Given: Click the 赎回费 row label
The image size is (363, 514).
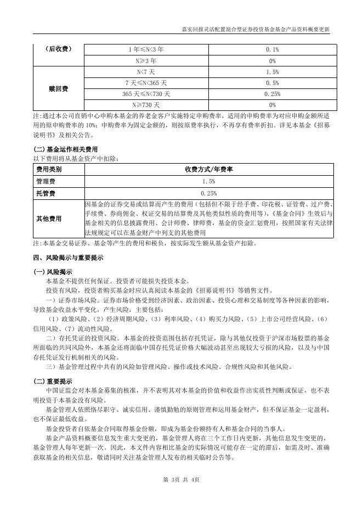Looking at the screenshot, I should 57,88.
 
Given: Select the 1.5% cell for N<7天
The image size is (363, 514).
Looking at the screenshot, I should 273,72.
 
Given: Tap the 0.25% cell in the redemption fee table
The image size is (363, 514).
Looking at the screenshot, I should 273,94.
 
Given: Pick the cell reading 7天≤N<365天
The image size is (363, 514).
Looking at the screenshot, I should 146,83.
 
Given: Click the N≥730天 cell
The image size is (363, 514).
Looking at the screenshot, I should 146,104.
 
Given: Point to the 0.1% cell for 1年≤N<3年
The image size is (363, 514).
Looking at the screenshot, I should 273,49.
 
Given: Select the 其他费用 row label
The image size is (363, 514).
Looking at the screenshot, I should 49,219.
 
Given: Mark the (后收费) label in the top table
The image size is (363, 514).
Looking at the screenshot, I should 57,49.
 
